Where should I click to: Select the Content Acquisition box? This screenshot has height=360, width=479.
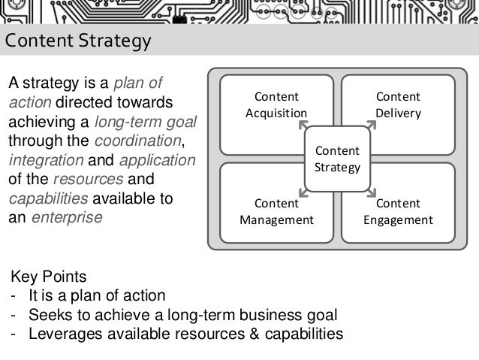[276, 105]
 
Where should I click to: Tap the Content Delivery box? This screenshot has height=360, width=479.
[398, 105]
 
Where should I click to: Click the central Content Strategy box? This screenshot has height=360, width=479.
[337, 159]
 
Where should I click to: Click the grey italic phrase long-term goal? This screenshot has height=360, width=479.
[142, 122]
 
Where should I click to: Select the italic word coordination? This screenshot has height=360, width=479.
[138, 141]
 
